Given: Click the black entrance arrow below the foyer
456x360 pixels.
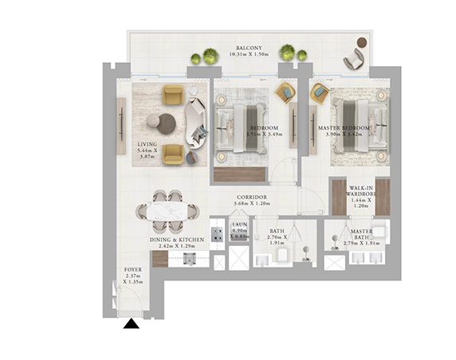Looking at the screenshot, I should [x=131, y=323].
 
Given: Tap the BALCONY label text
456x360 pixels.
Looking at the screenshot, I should [x=247, y=47].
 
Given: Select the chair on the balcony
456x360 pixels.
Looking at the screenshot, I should [x=352, y=58].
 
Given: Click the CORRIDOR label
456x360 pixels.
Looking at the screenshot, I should [x=251, y=196].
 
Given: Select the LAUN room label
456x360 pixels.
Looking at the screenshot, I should [x=240, y=225].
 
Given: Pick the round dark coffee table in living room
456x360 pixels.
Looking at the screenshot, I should [x=167, y=122].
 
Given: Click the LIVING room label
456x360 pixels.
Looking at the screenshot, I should [x=149, y=144].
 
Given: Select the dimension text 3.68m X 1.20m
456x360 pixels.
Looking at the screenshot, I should [x=251, y=203].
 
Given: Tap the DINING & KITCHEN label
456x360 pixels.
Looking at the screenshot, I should [x=176, y=239].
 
